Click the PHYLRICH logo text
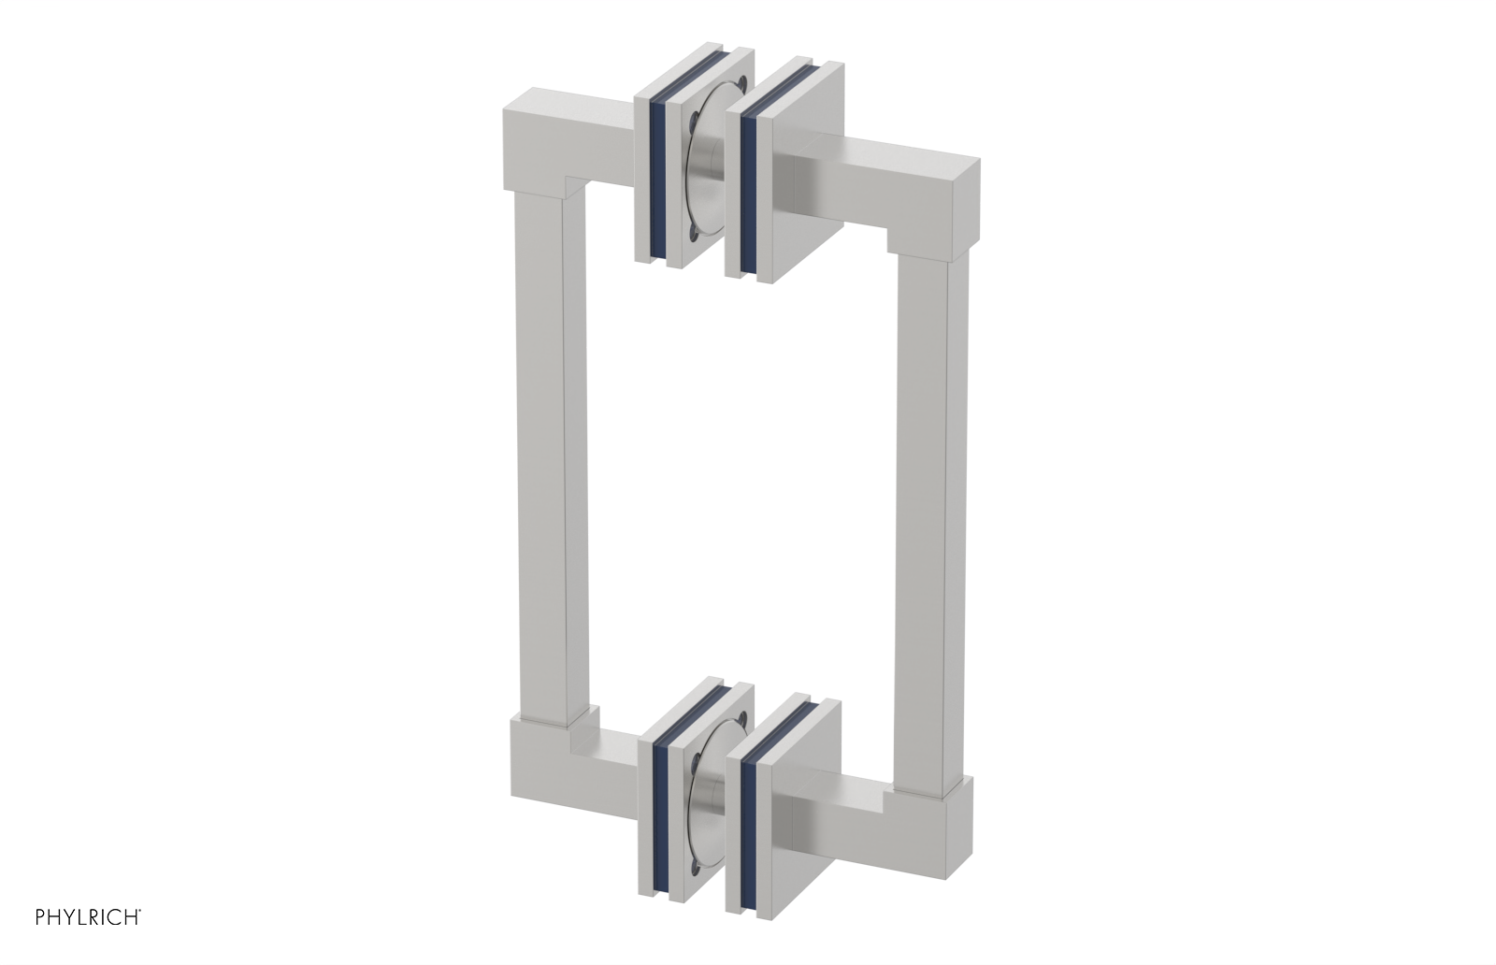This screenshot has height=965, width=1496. point(88,917)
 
